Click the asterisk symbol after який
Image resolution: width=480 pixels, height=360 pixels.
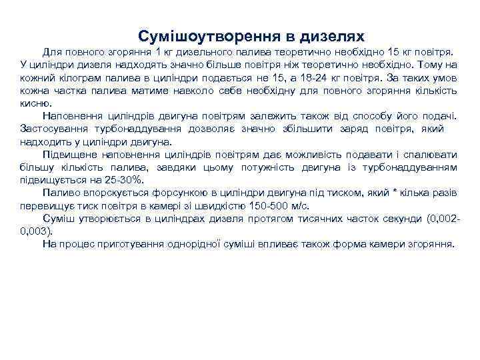coord(395,191)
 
